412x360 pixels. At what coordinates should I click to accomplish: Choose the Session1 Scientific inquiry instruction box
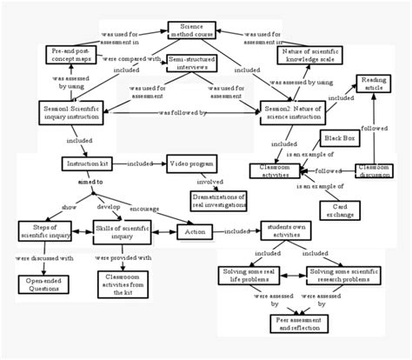71,113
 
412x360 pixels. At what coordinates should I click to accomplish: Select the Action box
196,232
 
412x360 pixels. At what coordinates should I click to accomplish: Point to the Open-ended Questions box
44,284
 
